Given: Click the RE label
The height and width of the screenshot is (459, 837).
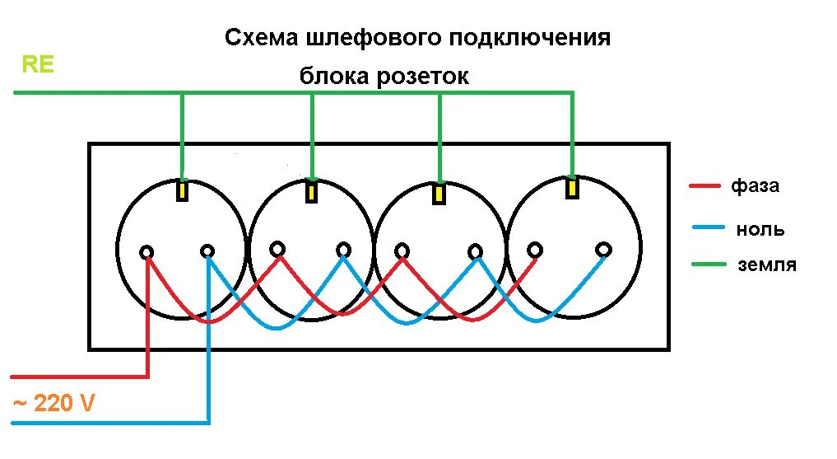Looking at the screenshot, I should [x=38, y=65].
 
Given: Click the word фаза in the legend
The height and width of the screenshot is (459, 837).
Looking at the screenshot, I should [x=755, y=185].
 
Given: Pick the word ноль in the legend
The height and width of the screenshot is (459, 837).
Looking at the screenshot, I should [x=760, y=229].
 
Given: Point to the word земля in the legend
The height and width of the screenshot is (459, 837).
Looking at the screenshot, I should [x=766, y=265].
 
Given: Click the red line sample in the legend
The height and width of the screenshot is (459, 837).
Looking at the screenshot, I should [x=707, y=185].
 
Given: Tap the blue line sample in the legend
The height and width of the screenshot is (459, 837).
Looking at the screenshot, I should [x=707, y=227].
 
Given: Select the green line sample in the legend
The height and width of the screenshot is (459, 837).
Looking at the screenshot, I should [x=707, y=265].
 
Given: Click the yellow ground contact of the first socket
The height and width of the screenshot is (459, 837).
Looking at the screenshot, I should [x=183, y=190].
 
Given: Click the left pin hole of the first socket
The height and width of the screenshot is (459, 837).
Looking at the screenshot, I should [x=146, y=251].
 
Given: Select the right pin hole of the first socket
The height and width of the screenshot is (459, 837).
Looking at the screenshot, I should [x=207, y=250].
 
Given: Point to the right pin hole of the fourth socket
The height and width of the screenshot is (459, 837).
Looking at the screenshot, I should [x=604, y=248].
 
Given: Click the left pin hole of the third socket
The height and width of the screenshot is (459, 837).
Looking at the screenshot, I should [x=402, y=250].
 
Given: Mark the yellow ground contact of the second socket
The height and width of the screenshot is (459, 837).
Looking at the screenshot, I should [x=311, y=192].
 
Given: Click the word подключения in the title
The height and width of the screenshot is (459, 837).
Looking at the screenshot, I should [x=531, y=39].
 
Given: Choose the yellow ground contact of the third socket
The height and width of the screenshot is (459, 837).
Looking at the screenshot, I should [x=440, y=194].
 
